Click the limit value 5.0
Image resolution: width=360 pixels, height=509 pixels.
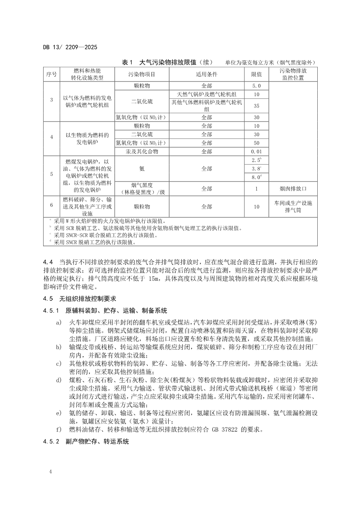[256, 86]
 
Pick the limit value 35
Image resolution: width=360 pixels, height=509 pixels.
[256, 106]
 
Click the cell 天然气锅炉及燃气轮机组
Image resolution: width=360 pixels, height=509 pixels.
[207, 94]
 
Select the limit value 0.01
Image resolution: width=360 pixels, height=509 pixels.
[256, 152]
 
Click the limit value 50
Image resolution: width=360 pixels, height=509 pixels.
[256, 143]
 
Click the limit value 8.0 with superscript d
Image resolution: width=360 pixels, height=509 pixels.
[256, 177]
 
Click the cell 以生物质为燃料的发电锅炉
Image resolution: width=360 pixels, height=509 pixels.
[85, 138]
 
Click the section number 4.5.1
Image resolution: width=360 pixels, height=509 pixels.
[51, 311]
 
